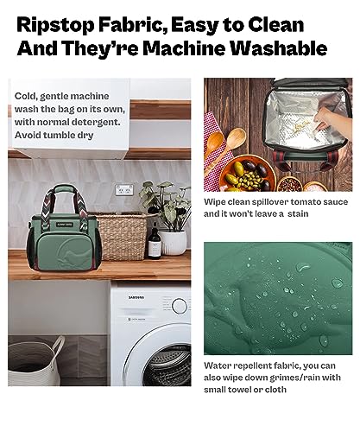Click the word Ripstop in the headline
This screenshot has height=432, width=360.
55,26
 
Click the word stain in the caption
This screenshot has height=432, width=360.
298,213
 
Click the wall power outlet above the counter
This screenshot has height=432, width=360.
124,189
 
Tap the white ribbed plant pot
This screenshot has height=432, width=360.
173,243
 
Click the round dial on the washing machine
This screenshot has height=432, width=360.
180,306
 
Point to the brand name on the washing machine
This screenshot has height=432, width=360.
136,297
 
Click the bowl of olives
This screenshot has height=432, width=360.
248,174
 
